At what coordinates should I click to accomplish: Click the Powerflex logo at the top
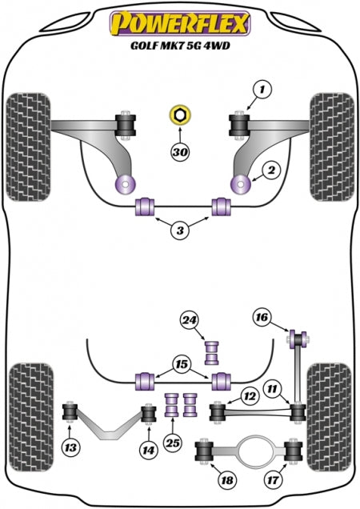(180, 23)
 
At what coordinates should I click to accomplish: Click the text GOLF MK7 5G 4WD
(180, 46)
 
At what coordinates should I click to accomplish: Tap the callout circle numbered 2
(271, 170)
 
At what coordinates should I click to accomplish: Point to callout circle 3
(180, 230)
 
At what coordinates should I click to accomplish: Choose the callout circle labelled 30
(180, 151)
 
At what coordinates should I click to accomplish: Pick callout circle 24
(190, 320)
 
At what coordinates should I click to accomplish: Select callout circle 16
(262, 316)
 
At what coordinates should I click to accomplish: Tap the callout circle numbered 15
(182, 364)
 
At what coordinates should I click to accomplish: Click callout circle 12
(250, 395)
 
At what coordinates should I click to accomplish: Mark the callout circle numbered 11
(273, 389)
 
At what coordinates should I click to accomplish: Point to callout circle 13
(70, 448)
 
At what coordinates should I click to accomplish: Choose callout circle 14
(148, 451)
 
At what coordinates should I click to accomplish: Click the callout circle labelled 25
(173, 443)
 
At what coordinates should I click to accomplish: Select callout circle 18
(227, 479)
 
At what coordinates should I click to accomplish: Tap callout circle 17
(273, 479)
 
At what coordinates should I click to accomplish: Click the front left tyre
(28, 147)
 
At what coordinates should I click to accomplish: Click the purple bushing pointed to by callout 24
(212, 352)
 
